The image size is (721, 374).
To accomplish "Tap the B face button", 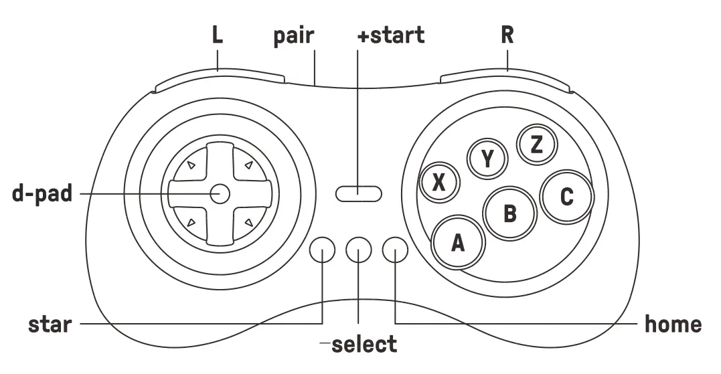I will coord(510,213).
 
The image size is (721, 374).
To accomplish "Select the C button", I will coord(567,197).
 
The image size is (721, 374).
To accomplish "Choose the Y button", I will coord(487,159).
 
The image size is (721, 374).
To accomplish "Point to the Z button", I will coord(536,145).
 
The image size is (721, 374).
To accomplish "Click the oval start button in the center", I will coord(359,194).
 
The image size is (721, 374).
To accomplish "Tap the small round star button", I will coord(323,250).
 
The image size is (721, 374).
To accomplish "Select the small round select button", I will coord(359,250).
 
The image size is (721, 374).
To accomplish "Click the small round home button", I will coord(395,250).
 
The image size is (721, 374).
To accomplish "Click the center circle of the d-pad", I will coord(219,194).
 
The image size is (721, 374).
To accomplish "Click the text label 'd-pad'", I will coord(42,193).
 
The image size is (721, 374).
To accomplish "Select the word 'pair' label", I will coord(293,35).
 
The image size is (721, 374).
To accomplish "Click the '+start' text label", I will coord(391,35).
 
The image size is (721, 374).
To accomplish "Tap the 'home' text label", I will coord(673,324).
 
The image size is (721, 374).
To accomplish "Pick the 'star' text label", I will coord(50,325).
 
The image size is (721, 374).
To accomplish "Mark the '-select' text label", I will coord(359,345).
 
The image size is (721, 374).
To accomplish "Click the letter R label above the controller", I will coord(507,35).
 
